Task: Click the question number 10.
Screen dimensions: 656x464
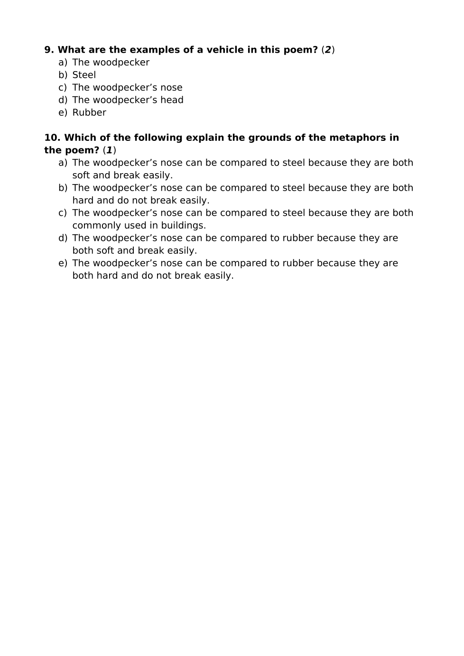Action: [52, 138]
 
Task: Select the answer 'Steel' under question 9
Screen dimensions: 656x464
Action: [84, 75]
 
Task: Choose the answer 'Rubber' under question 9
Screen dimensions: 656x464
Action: [89, 112]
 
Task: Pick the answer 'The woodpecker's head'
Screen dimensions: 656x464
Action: [128, 100]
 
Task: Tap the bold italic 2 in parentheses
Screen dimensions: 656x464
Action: [328, 50]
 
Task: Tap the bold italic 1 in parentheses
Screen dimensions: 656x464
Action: [109, 150]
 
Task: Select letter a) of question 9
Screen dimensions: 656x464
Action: [63, 63]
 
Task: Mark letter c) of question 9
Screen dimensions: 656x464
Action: [63, 88]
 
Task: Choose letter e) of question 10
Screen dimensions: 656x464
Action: [63, 263]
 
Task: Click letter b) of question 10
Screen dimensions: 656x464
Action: [63, 188]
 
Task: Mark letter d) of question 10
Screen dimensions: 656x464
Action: [63, 238]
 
